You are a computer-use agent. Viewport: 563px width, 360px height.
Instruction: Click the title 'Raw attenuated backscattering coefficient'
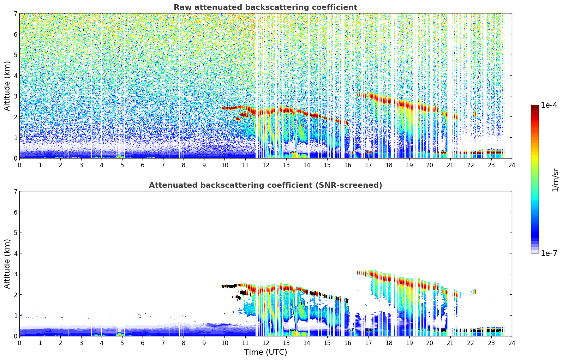265,7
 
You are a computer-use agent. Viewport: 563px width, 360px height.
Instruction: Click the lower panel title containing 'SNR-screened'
265,185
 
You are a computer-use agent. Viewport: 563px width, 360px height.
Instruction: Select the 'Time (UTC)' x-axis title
265,352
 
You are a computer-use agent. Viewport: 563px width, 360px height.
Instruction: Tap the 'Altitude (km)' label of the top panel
7,86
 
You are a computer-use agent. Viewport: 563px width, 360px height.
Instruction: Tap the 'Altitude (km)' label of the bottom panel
7,264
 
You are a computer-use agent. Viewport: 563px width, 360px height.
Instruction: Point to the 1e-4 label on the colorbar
549,105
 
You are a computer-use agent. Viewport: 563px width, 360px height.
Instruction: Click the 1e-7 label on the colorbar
549,253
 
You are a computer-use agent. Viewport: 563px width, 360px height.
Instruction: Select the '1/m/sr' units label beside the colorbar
555,179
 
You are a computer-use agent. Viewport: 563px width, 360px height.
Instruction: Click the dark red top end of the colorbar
535,106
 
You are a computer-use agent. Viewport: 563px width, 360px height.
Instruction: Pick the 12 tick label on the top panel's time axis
265,165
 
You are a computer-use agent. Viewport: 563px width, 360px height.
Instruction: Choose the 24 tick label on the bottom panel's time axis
511,343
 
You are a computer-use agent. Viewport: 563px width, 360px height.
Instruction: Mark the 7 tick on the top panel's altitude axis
16,14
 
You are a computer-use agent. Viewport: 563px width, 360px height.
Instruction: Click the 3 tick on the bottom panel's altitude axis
16,274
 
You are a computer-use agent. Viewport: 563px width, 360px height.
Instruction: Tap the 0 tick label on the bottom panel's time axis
19,343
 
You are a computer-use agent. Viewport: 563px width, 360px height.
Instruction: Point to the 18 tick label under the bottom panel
389,343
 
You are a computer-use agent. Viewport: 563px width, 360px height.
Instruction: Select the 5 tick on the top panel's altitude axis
16,55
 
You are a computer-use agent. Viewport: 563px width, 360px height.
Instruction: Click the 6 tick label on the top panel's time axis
143,165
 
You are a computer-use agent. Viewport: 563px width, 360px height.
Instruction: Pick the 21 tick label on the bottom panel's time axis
450,343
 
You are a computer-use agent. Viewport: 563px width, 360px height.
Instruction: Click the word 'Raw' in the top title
181,7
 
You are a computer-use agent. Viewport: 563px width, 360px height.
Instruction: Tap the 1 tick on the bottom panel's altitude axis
16,316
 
